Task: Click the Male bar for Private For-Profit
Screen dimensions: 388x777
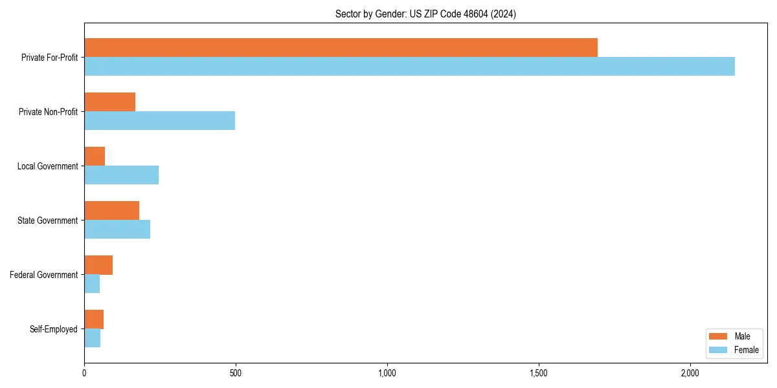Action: point(341,48)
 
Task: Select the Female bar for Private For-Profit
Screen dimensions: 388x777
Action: point(409,67)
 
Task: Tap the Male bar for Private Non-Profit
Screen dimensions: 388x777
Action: point(109,102)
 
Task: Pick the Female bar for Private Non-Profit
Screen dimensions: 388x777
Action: point(159,121)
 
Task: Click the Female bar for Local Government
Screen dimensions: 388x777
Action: point(121,175)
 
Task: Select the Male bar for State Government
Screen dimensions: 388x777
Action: point(111,211)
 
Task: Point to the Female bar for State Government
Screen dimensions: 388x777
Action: point(117,230)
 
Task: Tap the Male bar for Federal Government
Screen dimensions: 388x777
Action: point(98,265)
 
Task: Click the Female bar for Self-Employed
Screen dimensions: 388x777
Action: point(92,338)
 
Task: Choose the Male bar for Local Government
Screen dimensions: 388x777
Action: point(95,156)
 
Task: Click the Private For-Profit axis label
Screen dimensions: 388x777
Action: point(49,58)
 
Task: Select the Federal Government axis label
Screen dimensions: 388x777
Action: point(44,275)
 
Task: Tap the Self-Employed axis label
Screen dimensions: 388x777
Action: point(54,329)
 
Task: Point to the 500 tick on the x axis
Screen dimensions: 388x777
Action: point(236,373)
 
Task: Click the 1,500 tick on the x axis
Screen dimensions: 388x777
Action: point(539,373)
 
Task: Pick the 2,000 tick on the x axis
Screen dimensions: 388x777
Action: point(690,373)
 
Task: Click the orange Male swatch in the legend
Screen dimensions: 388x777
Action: point(719,336)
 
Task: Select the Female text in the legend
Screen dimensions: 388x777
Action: point(747,350)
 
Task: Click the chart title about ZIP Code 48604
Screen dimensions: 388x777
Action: point(425,14)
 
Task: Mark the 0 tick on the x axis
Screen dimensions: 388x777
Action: point(84,373)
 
